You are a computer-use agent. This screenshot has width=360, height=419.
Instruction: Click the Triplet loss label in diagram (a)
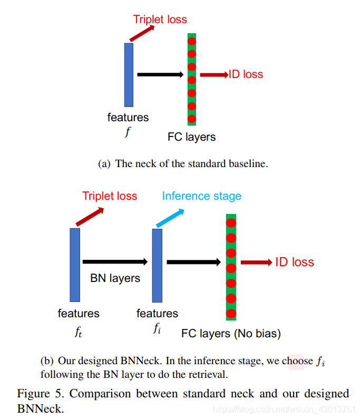click(160, 20)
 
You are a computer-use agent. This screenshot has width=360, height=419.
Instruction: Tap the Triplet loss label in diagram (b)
click(110, 197)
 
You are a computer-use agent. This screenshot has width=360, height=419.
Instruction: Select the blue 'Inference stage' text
click(201, 197)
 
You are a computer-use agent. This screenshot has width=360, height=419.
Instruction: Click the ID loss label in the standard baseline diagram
click(246, 74)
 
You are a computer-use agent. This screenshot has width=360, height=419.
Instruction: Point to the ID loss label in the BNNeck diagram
click(295, 262)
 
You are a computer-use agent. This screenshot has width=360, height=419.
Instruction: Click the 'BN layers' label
click(115, 278)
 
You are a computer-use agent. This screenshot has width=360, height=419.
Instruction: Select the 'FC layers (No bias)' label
click(231, 334)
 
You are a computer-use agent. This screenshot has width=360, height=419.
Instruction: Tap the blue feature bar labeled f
click(129, 75)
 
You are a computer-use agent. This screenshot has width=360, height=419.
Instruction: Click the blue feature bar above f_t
click(75, 265)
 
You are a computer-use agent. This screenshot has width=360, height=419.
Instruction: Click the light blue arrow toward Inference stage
click(170, 218)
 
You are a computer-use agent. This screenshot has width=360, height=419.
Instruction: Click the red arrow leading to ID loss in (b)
click(256, 262)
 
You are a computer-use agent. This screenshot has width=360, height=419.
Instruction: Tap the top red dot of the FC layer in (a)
click(192, 41)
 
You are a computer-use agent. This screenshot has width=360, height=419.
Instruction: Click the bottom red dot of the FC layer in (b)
click(231, 314)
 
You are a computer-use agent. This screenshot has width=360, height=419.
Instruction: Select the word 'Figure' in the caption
click(33, 394)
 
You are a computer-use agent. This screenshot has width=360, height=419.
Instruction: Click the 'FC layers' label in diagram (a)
click(192, 137)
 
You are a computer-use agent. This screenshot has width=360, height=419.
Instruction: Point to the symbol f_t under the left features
click(79, 333)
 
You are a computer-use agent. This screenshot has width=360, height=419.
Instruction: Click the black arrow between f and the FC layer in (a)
click(159, 75)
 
